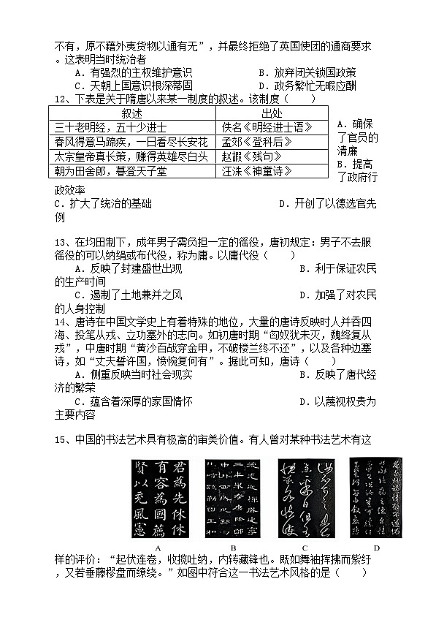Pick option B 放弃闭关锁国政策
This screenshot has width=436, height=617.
pyautogui.click(x=307, y=72)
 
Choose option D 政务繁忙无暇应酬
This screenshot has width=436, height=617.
pyautogui.click(x=307, y=86)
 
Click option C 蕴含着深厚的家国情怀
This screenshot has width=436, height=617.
pyautogui.click(x=134, y=401)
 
